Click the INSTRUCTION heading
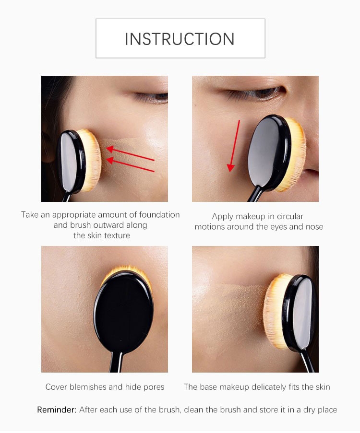[x=180, y=39]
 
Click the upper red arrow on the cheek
[x=130, y=153]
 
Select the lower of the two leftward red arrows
[x=130, y=164]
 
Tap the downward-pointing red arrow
[x=234, y=146]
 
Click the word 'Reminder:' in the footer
[x=57, y=410]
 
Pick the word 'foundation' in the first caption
[x=159, y=214]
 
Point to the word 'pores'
[x=154, y=387]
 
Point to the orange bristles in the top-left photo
[x=91, y=160]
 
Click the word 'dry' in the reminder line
[x=309, y=410]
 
